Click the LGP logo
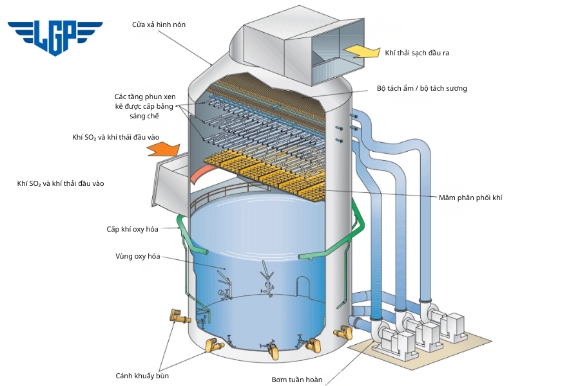coord(55,36)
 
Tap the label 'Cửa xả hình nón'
coord(158,24)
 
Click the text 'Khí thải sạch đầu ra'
coord(417,53)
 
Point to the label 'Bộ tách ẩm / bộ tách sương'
coord(421,88)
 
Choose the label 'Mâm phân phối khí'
coord(470,198)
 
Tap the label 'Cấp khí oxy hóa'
coord(132,229)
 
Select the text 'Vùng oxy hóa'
coord(137,256)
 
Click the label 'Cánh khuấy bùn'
coord(142,376)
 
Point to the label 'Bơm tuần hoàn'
coord(296,380)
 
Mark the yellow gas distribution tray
coord(271,174)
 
